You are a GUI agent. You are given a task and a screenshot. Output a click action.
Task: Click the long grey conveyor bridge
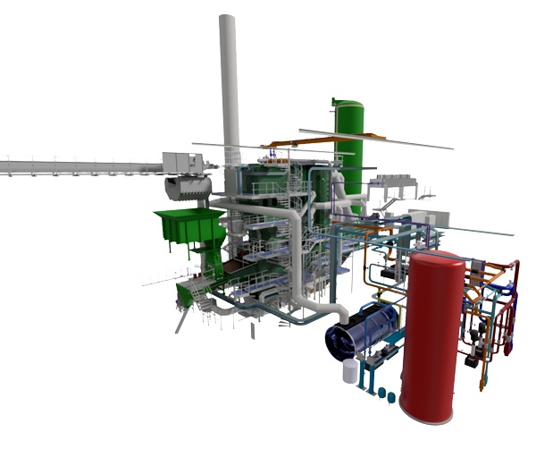tap(80, 167)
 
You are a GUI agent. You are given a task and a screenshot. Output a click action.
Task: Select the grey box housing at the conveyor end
tap(182, 163)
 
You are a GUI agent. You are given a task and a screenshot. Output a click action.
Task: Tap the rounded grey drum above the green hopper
tap(188, 188)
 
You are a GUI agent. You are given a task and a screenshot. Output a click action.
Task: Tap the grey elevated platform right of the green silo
tap(393, 182)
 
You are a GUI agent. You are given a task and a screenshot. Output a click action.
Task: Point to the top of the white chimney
tap(228, 20)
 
